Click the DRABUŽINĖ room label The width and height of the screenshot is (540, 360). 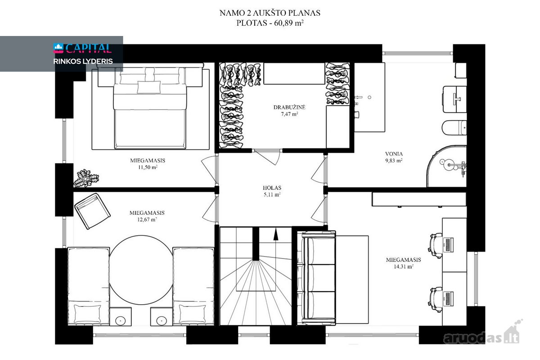[289, 107]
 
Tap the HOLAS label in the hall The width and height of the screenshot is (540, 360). [272, 188]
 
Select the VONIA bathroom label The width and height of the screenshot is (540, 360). [394, 154]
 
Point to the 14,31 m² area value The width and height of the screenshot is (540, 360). [404, 266]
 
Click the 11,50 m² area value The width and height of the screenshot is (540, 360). [148, 167]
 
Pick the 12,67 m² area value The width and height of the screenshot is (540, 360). [147, 220]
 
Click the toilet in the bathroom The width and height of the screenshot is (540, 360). [454, 128]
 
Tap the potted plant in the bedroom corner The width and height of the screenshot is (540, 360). [86, 179]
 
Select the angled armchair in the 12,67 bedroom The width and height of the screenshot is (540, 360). [93, 211]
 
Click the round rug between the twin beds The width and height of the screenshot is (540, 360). [141, 270]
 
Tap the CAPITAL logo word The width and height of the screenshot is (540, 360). [89, 48]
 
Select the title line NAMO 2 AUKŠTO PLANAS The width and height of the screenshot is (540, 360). [270, 13]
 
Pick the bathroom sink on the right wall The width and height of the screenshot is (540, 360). [454, 99]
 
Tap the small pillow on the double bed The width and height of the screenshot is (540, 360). [149, 87]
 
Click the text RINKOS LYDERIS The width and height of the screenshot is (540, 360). [83, 61]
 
